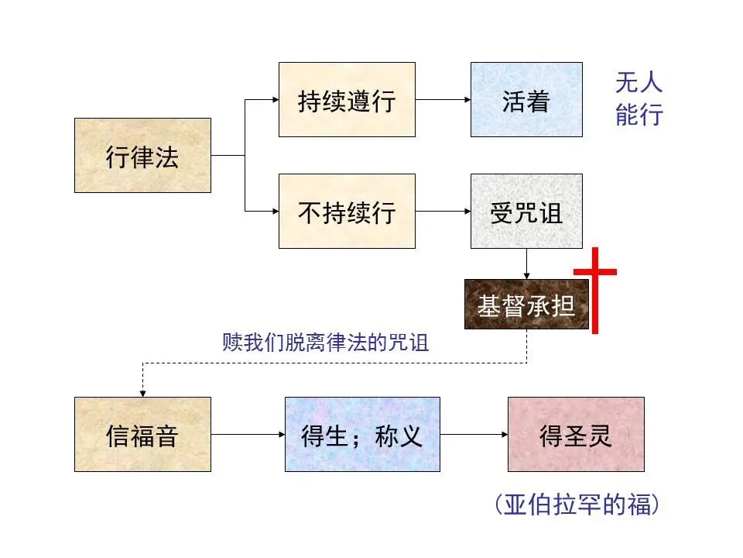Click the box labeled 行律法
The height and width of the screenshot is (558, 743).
click(x=142, y=155)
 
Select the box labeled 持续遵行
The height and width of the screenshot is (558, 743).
click(x=347, y=99)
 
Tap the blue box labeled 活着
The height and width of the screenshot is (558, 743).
click(x=526, y=99)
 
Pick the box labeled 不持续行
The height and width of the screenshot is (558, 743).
click(x=347, y=211)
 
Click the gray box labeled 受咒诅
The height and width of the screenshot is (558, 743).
click(x=526, y=211)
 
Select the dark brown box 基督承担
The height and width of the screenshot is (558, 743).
click(x=526, y=305)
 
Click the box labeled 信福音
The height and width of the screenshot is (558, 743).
click(x=142, y=434)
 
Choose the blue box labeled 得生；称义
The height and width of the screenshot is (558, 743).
click(x=362, y=434)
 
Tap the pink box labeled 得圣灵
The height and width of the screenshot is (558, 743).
click(x=576, y=434)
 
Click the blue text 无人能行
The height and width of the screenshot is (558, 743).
click(x=639, y=99)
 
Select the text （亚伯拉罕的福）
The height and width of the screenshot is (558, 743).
click(x=577, y=505)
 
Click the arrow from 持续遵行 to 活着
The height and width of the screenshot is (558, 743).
click(x=443, y=100)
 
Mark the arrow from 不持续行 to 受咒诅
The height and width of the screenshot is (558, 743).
click(x=443, y=211)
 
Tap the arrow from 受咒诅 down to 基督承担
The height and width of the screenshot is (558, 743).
click(x=527, y=263)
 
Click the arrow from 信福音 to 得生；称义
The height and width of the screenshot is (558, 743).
click(x=248, y=434)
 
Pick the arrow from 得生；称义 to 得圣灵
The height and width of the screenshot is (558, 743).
click(x=474, y=434)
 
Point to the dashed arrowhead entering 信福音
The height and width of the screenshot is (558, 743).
click(x=143, y=391)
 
